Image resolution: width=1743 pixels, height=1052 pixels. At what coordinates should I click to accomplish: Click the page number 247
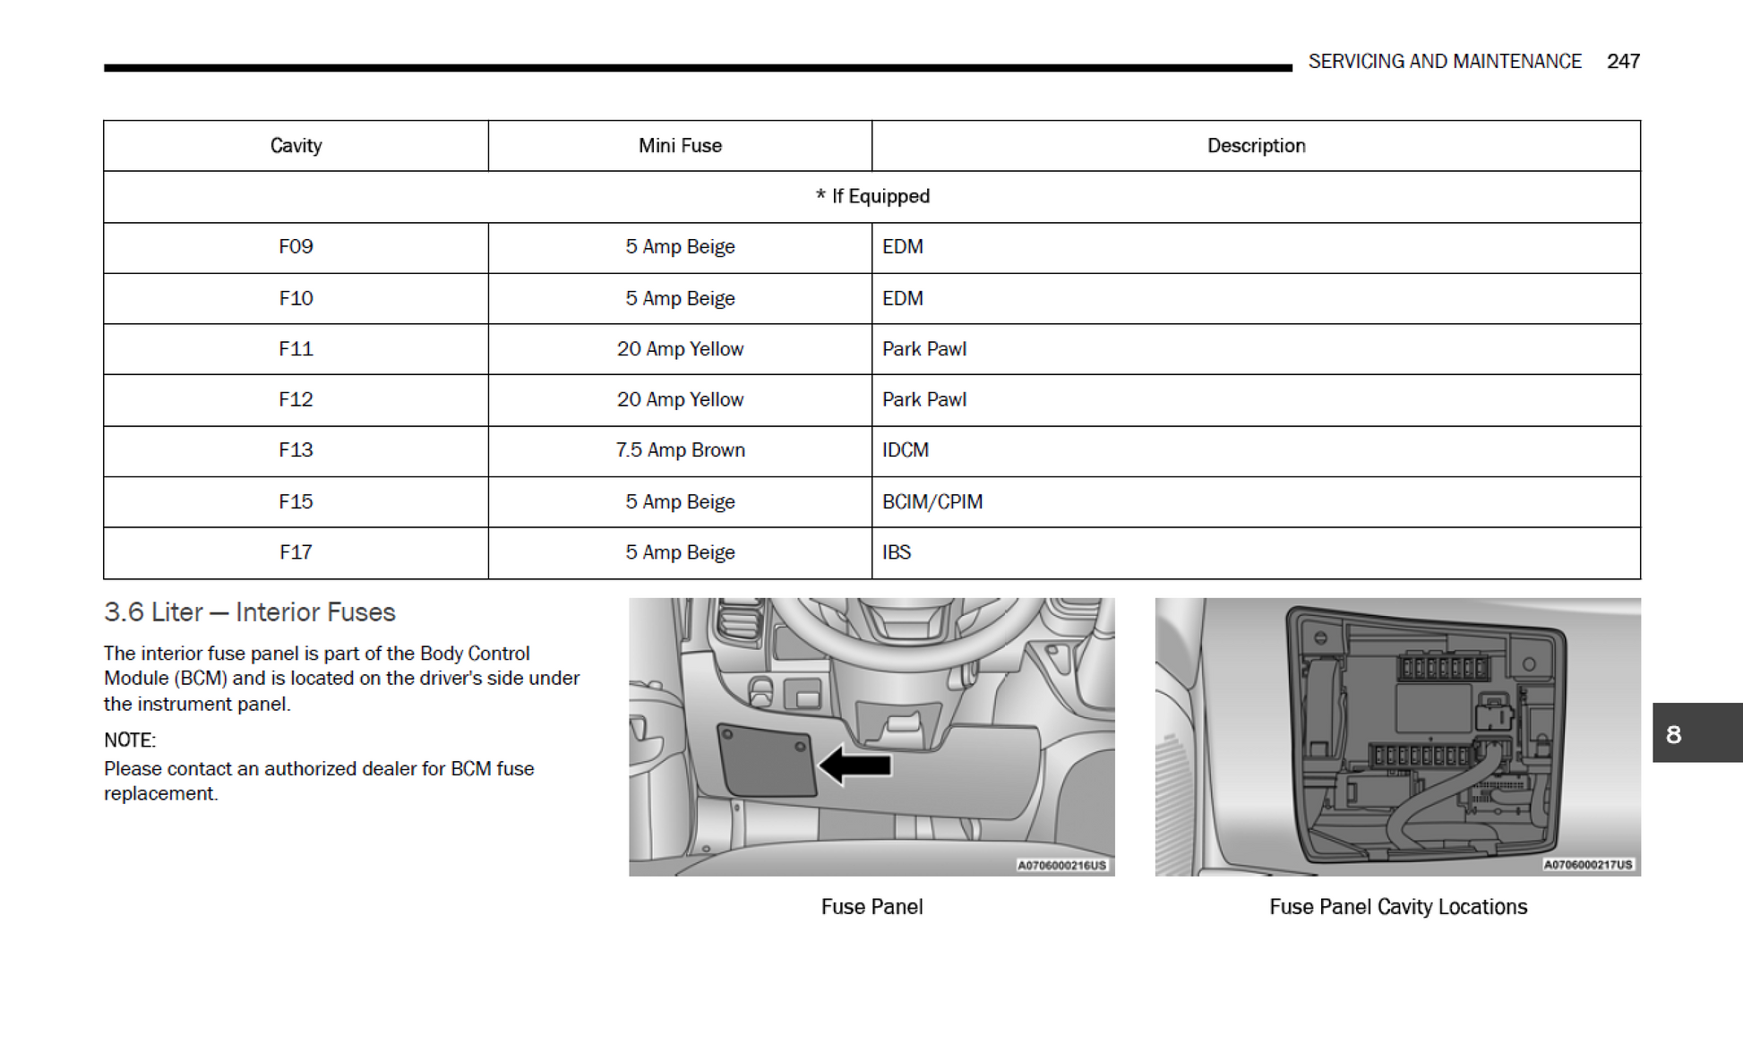[x=1622, y=61]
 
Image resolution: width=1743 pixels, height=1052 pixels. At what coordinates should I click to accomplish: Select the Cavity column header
[x=296, y=145]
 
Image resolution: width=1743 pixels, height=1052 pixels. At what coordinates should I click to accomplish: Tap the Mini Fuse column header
[x=680, y=145]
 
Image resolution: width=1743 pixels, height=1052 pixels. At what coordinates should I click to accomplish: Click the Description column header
[x=1256, y=145]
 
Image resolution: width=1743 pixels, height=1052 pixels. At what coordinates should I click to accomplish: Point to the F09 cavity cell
[x=296, y=246]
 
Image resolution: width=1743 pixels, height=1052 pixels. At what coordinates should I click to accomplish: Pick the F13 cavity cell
[x=296, y=449]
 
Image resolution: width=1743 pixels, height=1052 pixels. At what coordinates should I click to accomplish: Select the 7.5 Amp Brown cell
[x=680, y=449]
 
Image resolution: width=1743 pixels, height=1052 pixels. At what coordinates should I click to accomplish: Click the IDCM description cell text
[x=905, y=449]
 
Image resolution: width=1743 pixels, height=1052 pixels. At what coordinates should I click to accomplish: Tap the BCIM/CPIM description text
[x=932, y=501]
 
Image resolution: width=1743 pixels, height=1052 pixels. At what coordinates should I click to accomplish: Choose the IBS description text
[x=896, y=552]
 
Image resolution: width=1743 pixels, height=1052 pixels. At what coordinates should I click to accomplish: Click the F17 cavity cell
[x=296, y=552]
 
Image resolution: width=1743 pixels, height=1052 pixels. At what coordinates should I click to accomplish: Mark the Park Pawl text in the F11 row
[x=923, y=348]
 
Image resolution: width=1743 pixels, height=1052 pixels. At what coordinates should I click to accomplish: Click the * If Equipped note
[x=872, y=196]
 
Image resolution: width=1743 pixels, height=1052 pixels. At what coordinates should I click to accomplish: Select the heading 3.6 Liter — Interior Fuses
[x=249, y=612]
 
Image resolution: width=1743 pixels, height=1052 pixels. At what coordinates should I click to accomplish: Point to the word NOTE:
[x=130, y=740]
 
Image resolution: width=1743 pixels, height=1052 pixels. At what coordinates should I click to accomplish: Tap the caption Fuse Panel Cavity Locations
[x=1397, y=906]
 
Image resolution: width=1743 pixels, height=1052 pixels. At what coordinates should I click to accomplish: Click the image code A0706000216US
[x=1061, y=865]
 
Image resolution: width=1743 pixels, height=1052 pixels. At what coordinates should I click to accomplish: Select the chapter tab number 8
[x=1673, y=734]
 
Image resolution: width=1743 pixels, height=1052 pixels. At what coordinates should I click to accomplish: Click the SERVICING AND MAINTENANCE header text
[x=1444, y=61]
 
